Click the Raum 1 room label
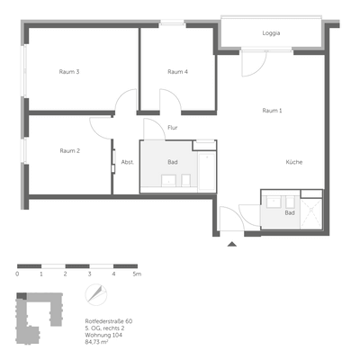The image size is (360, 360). (x=272, y=111)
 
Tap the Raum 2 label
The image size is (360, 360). (x=71, y=150)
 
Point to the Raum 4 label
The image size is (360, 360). (x=177, y=71)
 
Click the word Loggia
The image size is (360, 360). (x=271, y=33)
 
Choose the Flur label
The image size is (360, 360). (x=172, y=128)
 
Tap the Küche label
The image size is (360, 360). (x=294, y=162)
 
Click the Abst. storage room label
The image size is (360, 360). (x=127, y=162)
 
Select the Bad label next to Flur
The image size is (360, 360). (x=173, y=162)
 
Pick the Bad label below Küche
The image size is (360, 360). (x=290, y=213)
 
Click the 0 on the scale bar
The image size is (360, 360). (x=18, y=273)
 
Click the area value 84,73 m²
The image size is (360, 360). (x=98, y=342)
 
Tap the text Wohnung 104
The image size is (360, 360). (x=102, y=335)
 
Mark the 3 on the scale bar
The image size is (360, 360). (x=89, y=273)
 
